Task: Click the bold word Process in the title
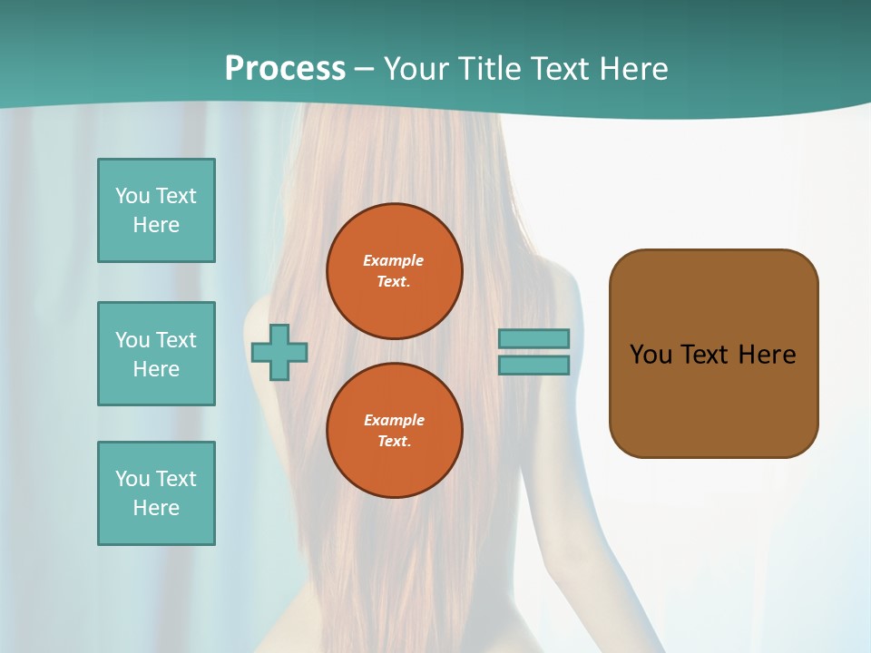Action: (285, 69)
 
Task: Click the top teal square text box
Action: (156, 210)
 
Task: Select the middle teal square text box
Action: (156, 354)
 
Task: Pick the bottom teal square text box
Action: (156, 493)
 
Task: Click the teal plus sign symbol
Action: (279, 352)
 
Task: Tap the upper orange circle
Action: (394, 271)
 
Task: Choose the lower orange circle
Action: (394, 431)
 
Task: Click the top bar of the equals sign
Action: (533, 338)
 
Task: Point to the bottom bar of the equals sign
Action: (533, 365)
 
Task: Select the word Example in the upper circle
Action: (394, 260)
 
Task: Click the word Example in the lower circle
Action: (394, 420)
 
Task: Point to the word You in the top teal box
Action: (132, 196)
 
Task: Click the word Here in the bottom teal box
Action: (156, 508)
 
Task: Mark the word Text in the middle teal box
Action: (175, 340)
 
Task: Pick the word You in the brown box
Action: (651, 355)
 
